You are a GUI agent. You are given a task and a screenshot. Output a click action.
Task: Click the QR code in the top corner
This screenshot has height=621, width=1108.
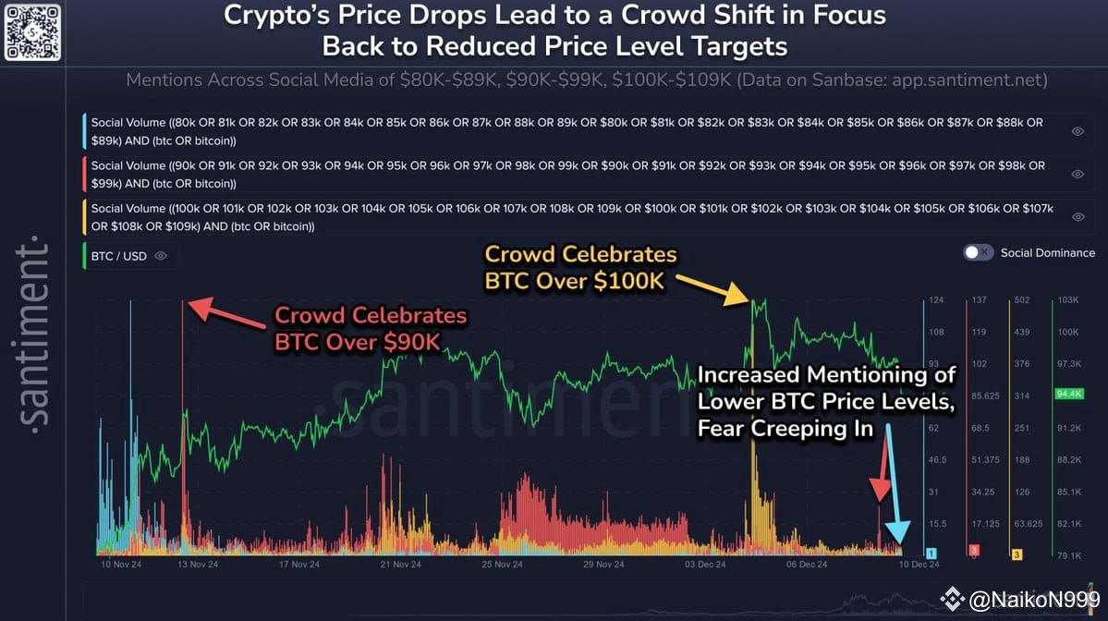pyautogui.click(x=32, y=32)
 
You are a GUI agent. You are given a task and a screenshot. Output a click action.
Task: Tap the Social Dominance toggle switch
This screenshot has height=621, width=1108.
pyautogui.click(x=979, y=252)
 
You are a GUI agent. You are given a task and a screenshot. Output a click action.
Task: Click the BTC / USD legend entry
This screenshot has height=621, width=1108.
pyautogui.click(x=118, y=256)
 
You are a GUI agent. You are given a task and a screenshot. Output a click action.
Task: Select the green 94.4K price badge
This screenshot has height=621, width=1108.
pyautogui.click(x=1068, y=395)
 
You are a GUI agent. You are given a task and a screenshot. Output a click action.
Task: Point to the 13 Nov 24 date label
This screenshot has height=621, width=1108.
pyautogui.click(x=197, y=564)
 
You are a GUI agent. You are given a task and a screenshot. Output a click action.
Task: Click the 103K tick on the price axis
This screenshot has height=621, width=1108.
pyautogui.click(x=1070, y=301)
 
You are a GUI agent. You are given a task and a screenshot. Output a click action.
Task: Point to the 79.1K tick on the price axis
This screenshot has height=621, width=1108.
pyautogui.click(x=1070, y=555)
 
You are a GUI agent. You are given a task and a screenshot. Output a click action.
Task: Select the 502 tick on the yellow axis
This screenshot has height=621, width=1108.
pyautogui.click(x=1021, y=301)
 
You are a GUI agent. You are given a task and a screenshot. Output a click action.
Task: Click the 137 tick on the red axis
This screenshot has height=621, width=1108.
pyautogui.click(x=980, y=301)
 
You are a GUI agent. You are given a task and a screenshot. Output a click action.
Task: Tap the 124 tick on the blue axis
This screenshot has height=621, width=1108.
pyautogui.click(x=936, y=301)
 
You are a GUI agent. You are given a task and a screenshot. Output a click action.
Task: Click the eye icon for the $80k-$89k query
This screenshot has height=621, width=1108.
pyautogui.click(x=1078, y=131)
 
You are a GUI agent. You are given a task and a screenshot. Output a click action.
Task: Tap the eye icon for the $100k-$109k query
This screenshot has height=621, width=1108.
pyautogui.click(x=1078, y=217)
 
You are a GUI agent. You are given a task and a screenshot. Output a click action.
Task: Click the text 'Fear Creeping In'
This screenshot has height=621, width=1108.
pyautogui.click(x=785, y=429)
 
